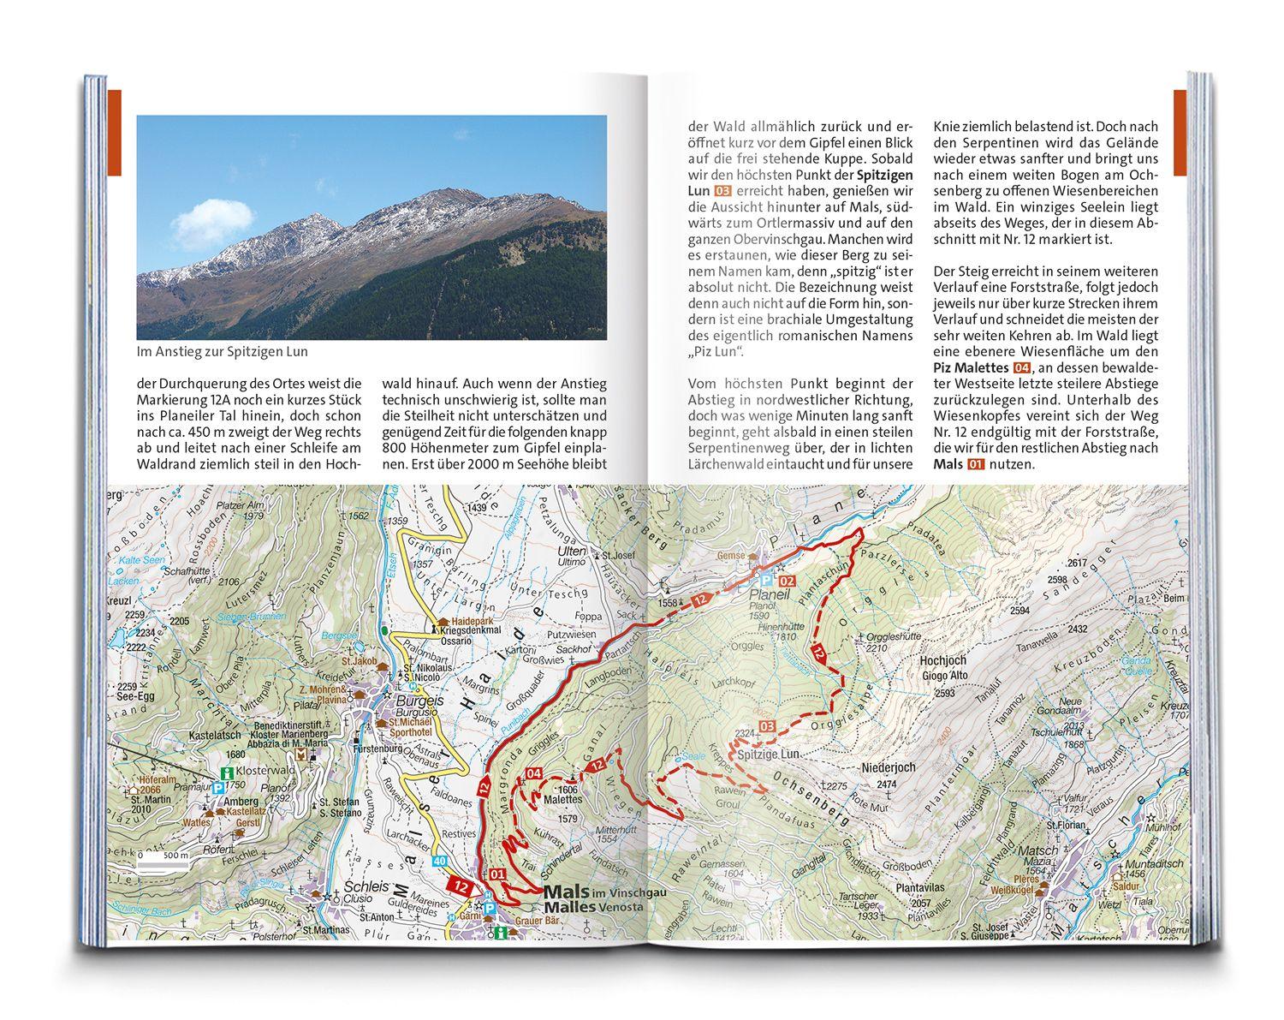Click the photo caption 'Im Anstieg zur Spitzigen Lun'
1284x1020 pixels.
(x=222, y=352)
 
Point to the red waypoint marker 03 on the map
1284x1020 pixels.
(x=768, y=728)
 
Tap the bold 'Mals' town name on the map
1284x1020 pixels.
(x=562, y=891)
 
